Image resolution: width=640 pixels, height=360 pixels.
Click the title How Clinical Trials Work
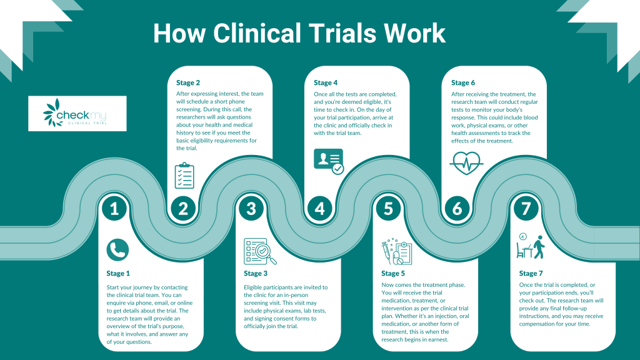pos(299,34)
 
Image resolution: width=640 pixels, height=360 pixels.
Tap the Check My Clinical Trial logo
pos(77,113)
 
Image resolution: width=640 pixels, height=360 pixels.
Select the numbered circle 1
pos(114,208)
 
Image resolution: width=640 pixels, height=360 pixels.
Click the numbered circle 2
pos(182,208)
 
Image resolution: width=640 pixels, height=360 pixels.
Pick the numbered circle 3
pos(251,208)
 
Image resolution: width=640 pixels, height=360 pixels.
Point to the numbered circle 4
pos(320,208)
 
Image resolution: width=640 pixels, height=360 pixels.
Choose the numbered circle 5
pos(389,208)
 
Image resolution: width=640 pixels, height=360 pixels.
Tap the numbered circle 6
pos(457,208)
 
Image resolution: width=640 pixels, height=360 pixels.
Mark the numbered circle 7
pos(526,208)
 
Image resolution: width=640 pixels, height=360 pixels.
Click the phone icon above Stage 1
pos(117,249)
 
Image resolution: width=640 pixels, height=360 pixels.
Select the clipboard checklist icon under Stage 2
pos(185,176)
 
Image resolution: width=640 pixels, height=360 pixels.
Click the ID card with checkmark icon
pos(328,161)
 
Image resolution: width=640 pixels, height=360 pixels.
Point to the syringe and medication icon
pos(396,252)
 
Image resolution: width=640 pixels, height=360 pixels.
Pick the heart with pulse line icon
pos(466,164)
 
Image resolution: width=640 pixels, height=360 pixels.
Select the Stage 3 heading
pos(256,273)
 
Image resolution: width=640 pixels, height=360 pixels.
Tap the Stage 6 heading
pos(463,82)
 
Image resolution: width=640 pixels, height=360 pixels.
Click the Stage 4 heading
pos(326,82)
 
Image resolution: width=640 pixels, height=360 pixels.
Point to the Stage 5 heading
pos(394,273)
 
